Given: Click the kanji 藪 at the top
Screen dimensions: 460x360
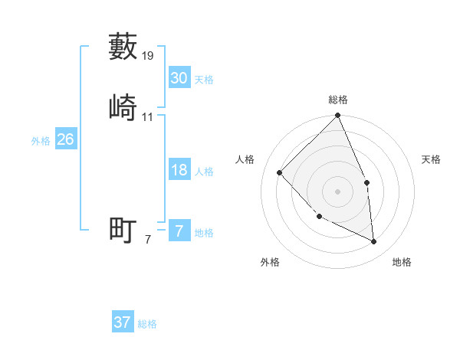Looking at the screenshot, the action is click(123, 46).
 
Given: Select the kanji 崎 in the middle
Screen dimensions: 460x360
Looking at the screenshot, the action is click(123, 106).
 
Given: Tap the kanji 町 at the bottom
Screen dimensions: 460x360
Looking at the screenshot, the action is click(123, 230).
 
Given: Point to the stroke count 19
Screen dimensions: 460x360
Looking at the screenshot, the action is click(149, 56).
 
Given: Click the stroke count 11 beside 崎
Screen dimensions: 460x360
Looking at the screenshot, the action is click(148, 116).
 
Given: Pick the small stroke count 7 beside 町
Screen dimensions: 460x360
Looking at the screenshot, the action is click(148, 240).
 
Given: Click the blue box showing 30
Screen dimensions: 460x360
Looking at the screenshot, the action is click(179, 78).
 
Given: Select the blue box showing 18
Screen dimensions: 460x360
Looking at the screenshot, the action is click(179, 170).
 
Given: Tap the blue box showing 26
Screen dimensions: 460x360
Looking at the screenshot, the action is click(65, 139).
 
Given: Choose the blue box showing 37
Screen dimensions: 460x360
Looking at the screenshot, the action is click(122, 322).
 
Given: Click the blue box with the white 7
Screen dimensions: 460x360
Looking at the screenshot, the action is click(179, 231).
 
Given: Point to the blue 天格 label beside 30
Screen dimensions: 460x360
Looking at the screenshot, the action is click(204, 80).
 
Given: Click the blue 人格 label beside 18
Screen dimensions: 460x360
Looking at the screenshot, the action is click(204, 172).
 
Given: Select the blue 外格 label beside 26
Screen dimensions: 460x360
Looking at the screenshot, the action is click(41, 141).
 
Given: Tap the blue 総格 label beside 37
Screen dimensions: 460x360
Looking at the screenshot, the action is click(147, 324).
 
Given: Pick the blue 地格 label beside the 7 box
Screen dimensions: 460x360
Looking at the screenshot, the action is click(204, 233).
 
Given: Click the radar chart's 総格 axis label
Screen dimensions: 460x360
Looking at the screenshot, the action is click(338, 100).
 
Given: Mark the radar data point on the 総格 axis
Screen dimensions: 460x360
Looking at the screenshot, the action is click(338, 116).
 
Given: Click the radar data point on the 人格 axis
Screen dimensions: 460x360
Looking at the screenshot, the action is click(280, 172).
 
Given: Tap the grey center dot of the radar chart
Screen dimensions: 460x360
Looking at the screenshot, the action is click(338, 191).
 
